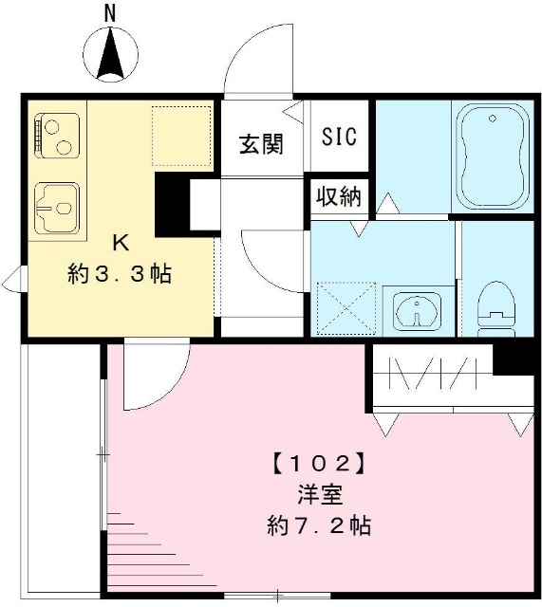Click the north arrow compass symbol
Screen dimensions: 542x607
click(110, 54)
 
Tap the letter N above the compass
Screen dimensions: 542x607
click(111, 15)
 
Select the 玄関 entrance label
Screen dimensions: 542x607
click(261, 144)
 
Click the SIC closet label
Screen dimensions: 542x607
click(340, 137)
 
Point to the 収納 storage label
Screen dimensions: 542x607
click(339, 196)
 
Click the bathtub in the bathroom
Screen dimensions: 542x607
click(493, 156)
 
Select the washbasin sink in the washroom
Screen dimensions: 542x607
click(417, 310)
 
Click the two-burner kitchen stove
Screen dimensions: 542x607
click(57, 137)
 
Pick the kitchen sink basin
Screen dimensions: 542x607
click(57, 209)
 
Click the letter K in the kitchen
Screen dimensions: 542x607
click(121, 243)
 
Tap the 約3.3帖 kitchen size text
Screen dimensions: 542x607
click(120, 274)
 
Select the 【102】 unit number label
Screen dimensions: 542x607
click(319, 464)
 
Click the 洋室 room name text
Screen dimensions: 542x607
click(320, 495)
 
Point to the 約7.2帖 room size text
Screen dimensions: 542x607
click(319, 525)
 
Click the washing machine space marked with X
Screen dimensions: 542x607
click(346, 308)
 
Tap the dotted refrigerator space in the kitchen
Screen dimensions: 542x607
click(181, 136)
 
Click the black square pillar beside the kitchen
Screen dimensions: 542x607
click(172, 205)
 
